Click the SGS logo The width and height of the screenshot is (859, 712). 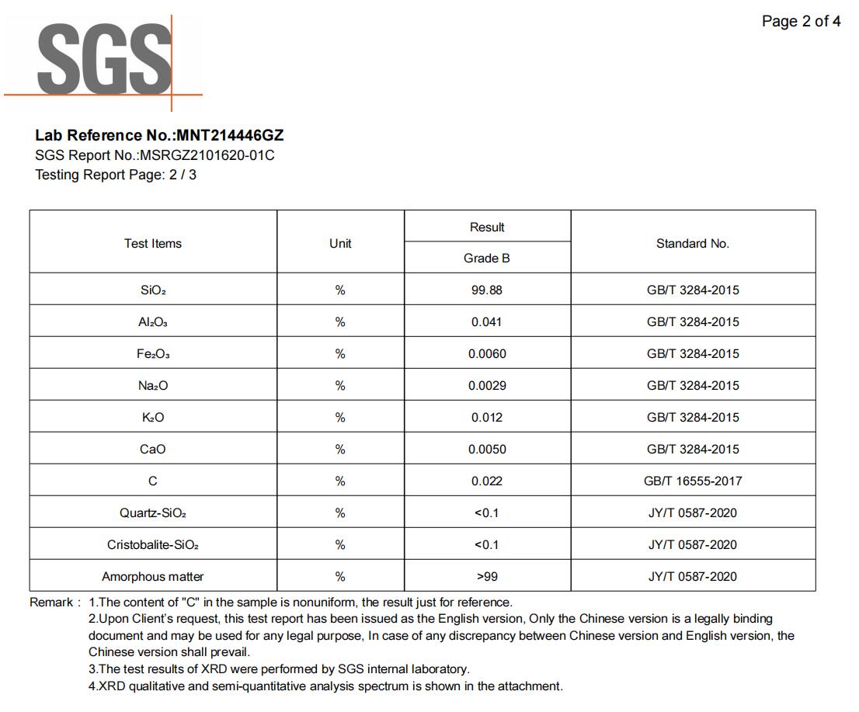click(x=103, y=59)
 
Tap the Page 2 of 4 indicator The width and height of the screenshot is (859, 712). click(x=801, y=22)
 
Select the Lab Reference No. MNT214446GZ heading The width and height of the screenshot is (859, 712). click(x=159, y=136)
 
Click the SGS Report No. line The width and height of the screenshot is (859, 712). click(x=155, y=155)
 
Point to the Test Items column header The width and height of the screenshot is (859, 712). click(x=153, y=244)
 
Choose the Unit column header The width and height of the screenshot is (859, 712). click(x=340, y=244)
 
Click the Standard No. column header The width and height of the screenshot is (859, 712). click(x=692, y=244)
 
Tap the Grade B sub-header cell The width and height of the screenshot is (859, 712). click(x=487, y=259)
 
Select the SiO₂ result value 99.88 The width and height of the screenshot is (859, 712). click(x=487, y=290)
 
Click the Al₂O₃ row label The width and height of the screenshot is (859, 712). click(x=153, y=322)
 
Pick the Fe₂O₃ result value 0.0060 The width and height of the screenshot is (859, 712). click(x=487, y=354)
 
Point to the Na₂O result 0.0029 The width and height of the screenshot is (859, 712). click(x=487, y=386)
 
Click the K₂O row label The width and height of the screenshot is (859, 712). click(x=153, y=418)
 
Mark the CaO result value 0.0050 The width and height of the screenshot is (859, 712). click(x=487, y=450)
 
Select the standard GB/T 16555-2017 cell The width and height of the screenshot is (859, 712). click(x=692, y=481)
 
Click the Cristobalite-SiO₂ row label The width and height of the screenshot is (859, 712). click(x=153, y=545)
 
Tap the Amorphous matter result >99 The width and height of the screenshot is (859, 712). click(x=487, y=577)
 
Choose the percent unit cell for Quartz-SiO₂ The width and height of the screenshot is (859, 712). click(x=340, y=513)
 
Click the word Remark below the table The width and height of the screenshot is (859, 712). click(x=52, y=603)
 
